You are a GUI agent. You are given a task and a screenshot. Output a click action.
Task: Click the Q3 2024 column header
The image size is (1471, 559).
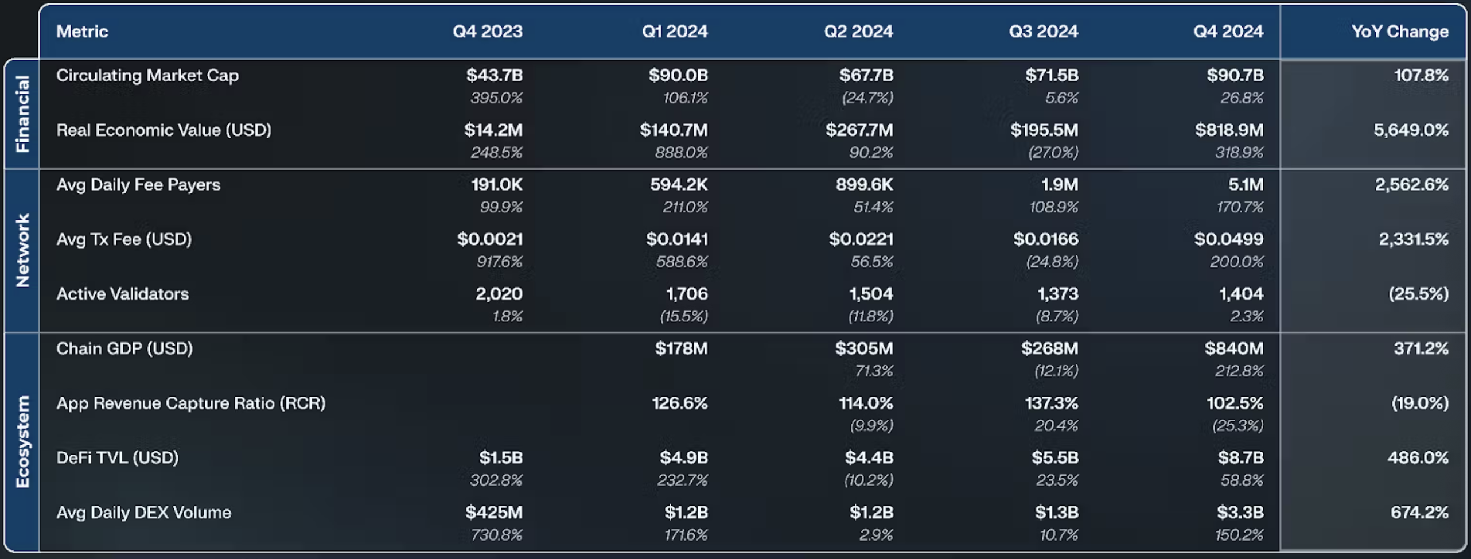click(x=1044, y=31)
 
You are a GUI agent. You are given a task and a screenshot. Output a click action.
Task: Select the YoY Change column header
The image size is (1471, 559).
click(x=1400, y=31)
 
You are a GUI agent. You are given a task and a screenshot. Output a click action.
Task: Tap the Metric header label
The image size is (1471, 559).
click(x=82, y=31)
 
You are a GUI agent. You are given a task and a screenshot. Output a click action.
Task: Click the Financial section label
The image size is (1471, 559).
click(x=22, y=114)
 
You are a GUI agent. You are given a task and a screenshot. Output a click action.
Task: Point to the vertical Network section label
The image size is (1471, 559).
click(x=22, y=250)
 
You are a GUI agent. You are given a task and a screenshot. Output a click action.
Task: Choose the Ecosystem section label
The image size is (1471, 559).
click(x=22, y=442)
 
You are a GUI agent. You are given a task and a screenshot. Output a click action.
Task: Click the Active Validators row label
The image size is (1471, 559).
click(x=122, y=294)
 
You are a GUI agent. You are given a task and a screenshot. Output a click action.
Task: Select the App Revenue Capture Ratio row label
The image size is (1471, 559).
click(x=191, y=403)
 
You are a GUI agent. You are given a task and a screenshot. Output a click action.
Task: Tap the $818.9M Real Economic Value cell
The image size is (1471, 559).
click(x=1229, y=130)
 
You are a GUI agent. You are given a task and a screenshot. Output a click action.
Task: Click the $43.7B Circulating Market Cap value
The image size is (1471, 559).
click(x=495, y=75)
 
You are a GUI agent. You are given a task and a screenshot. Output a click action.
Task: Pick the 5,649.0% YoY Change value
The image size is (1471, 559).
click(x=1411, y=130)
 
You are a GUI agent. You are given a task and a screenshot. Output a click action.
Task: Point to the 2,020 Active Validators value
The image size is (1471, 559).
click(x=499, y=294)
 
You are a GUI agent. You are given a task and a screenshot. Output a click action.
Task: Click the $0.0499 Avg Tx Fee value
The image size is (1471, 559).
click(x=1229, y=239)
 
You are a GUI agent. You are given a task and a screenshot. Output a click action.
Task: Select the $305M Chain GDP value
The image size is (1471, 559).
click(x=864, y=348)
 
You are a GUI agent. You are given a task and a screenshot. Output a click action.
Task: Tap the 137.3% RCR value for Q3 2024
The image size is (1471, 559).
click(x=1052, y=403)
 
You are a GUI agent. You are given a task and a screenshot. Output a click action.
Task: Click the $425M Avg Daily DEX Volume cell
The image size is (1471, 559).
click(x=494, y=513)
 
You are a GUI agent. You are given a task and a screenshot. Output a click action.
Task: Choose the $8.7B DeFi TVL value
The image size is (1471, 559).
click(x=1240, y=458)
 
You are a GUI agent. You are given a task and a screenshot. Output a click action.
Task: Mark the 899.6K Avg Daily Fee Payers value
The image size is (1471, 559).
click(x=864, y=185)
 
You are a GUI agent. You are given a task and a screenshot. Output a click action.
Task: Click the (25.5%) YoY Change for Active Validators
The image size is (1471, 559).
click(x=1418, y=294)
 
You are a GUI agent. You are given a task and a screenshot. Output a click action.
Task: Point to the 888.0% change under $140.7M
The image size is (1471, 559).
click(x=681, y=153)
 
